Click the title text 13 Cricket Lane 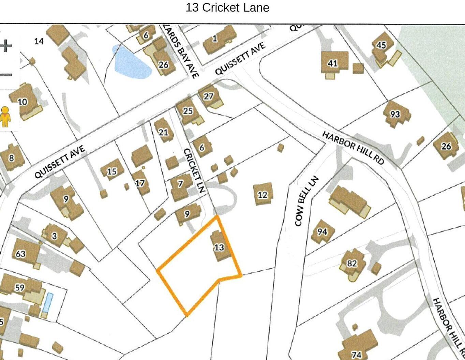(227, 7)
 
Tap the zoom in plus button (6, 46)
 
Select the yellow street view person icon (5, 117)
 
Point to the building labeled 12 (263, 194)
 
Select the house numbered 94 (322, 232)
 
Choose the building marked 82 (352, 264)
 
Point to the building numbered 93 (395, 114)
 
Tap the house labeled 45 (381, 45)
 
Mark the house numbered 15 (112, 171)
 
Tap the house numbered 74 (358, 346)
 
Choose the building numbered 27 (209, 96)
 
